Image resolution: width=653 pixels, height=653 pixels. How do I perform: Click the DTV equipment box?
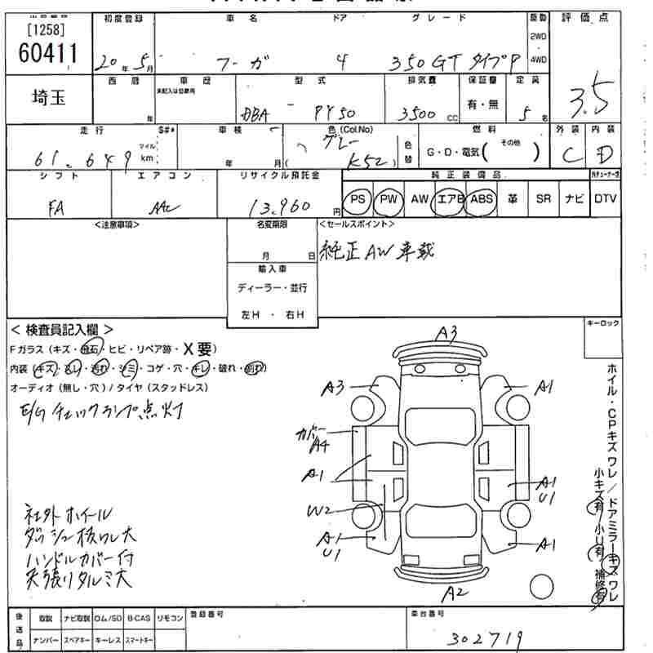coord(605,199)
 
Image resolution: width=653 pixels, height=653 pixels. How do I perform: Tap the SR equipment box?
coord(543,199)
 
